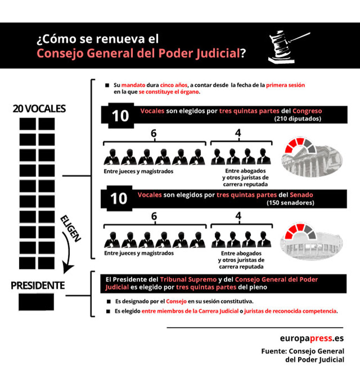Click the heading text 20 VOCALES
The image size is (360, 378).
click(39, 109)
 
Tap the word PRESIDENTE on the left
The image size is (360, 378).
click(38, 285)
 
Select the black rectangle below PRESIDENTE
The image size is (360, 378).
click(36, 302)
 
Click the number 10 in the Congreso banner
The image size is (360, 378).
click(120, 116)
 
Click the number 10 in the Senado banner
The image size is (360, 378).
click(118, 199)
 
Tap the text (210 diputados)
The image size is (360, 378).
click(297, 119)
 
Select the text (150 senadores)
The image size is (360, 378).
click(290, 203)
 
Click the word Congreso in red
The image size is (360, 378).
click(307, 111)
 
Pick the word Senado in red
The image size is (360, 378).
click(301, 195)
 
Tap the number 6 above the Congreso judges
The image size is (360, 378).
click(153, 133)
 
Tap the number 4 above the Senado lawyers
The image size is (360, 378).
click(238, 216)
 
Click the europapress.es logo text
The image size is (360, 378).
click(312, 338)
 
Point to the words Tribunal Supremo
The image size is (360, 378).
click(188, 279)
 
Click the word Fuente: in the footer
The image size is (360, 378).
click(274, 351)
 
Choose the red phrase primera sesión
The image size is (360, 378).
click(285, 85)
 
